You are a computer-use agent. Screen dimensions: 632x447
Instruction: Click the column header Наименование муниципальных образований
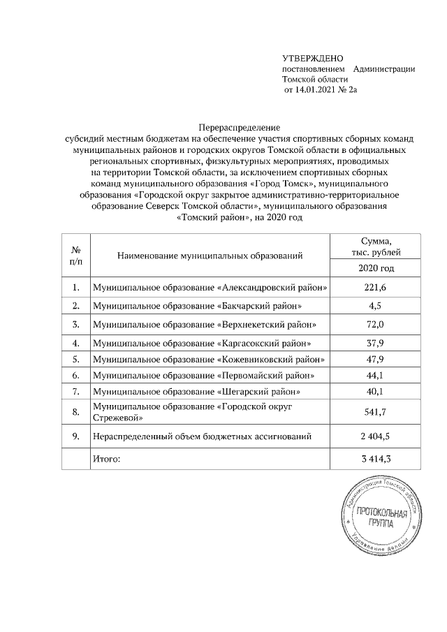tap(210, 256)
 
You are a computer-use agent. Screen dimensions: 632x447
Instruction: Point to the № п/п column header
tap(75, 256)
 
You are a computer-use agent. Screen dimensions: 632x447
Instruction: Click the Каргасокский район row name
tap(203, 343)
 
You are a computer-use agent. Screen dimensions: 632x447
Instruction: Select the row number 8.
tap(75, 413)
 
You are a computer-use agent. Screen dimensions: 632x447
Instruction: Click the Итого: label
tap(107, 459)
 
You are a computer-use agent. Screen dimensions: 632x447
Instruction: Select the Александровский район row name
tap(210, 288)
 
